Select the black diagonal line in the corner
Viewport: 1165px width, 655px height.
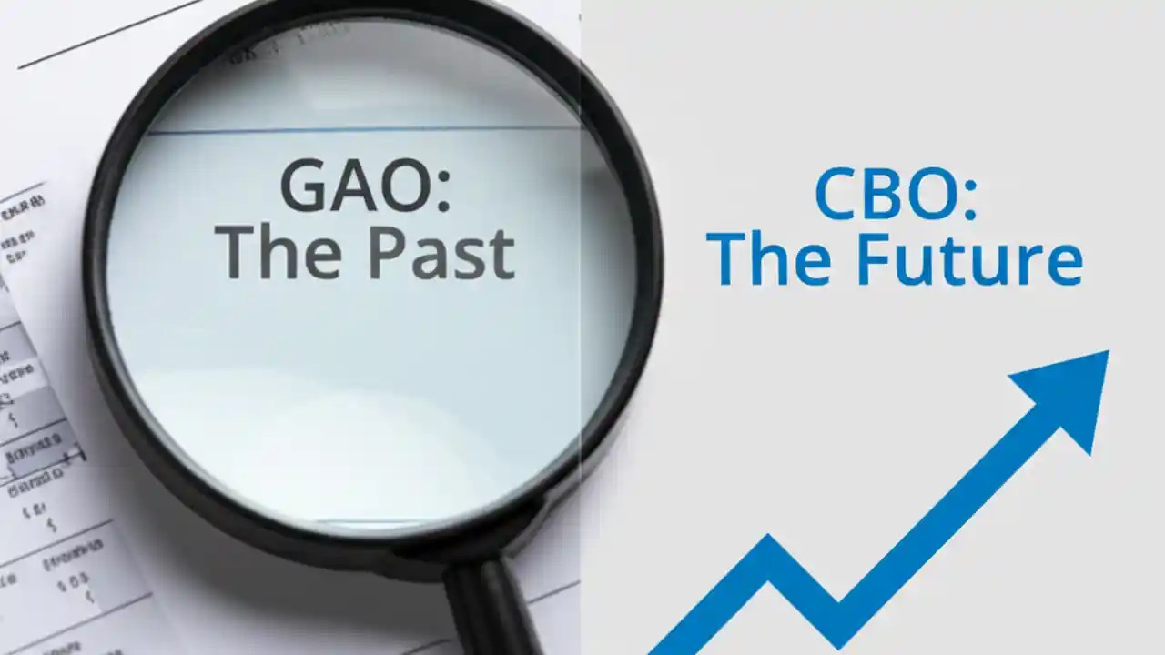[x=109, y=34]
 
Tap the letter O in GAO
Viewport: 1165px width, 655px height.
[x=401, y=186]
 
